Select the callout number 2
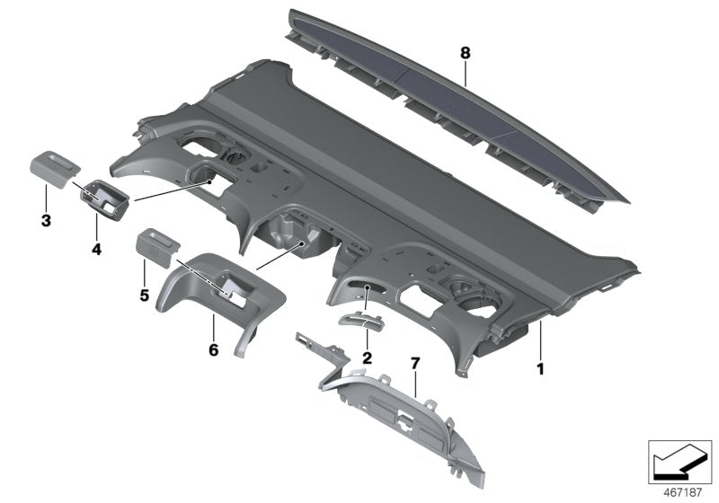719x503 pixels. (x=367, y=357)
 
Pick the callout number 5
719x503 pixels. (x=142, y=293)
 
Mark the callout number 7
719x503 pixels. (x=414, y=362)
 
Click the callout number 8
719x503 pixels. (x=465, y=54)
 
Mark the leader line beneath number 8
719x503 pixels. (x=465, y=72)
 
